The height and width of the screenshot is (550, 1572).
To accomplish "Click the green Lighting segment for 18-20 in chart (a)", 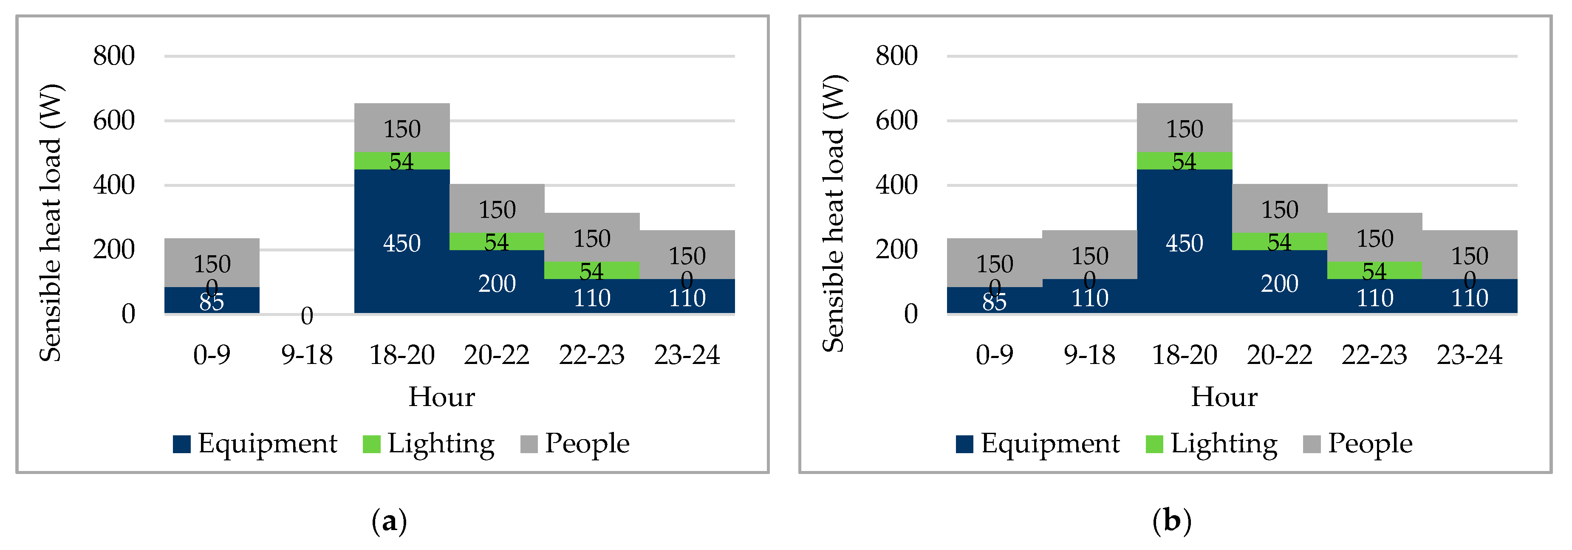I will (401, 161).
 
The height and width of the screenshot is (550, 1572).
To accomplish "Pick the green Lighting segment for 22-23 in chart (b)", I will (1374, 271).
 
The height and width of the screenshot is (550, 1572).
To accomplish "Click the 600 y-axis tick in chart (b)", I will (896, 121).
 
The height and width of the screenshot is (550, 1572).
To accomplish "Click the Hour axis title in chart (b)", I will (1224, 397).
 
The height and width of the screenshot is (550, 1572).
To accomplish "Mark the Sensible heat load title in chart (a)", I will (51, 223).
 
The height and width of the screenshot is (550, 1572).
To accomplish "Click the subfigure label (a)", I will (389, 522).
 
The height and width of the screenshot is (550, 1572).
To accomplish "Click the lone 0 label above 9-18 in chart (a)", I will (306, 316).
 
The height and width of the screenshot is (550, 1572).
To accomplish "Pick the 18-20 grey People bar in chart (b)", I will (1185, 128).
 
